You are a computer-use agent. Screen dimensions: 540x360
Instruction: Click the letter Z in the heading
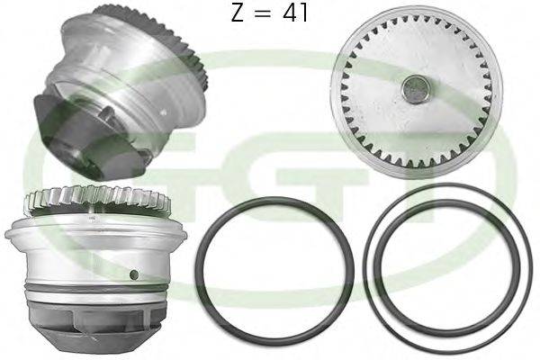(x=238, y=13)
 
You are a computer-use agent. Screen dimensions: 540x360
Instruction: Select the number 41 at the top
(x=295, y=13)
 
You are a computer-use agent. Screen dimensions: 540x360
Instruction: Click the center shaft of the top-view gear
(x=416, y=89)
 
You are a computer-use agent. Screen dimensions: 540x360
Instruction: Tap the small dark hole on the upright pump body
(x=133, y=274)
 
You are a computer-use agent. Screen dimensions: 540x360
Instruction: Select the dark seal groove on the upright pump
(x=97, y=289)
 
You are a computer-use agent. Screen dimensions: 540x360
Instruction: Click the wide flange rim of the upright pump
(x=95, y=233)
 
